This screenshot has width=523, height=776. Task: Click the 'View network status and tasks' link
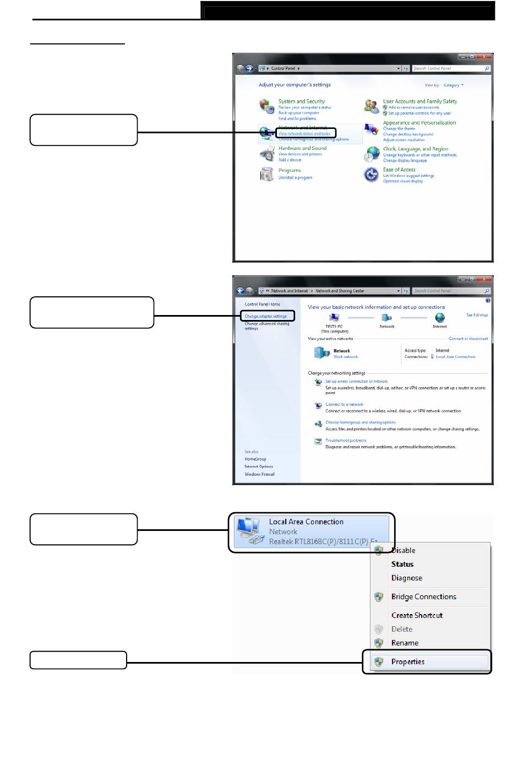coord(304,133)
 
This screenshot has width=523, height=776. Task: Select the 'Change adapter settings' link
coord(266,316)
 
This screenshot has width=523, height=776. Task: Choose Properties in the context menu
coord(408,662)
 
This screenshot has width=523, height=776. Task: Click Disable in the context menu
coord(404,550)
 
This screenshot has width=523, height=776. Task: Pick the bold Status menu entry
coord(402,564)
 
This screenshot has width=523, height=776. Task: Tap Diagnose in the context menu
coord(407,578)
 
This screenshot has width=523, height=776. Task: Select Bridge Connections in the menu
coord(423,596)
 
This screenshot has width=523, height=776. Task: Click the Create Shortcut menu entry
coord(417,615)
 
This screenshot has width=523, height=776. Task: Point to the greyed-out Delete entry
coord(402,629)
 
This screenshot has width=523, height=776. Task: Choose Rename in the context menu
coord(405,643)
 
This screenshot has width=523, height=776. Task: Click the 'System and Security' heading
coord(302,101)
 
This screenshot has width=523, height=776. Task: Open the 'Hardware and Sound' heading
coord(302,148)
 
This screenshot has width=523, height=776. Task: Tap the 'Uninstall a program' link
coord(295,177)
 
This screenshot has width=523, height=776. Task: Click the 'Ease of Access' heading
coord(399,170)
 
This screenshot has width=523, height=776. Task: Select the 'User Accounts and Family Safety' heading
coord(420,101)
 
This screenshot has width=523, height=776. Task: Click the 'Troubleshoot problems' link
coord(346,441)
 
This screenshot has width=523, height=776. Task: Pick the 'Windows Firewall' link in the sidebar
coord(259,474)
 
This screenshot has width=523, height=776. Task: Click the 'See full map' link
coord(477,315)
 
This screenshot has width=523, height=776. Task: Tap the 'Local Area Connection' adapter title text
coord(306,522)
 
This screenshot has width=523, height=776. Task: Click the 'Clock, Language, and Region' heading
coord(416,149)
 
